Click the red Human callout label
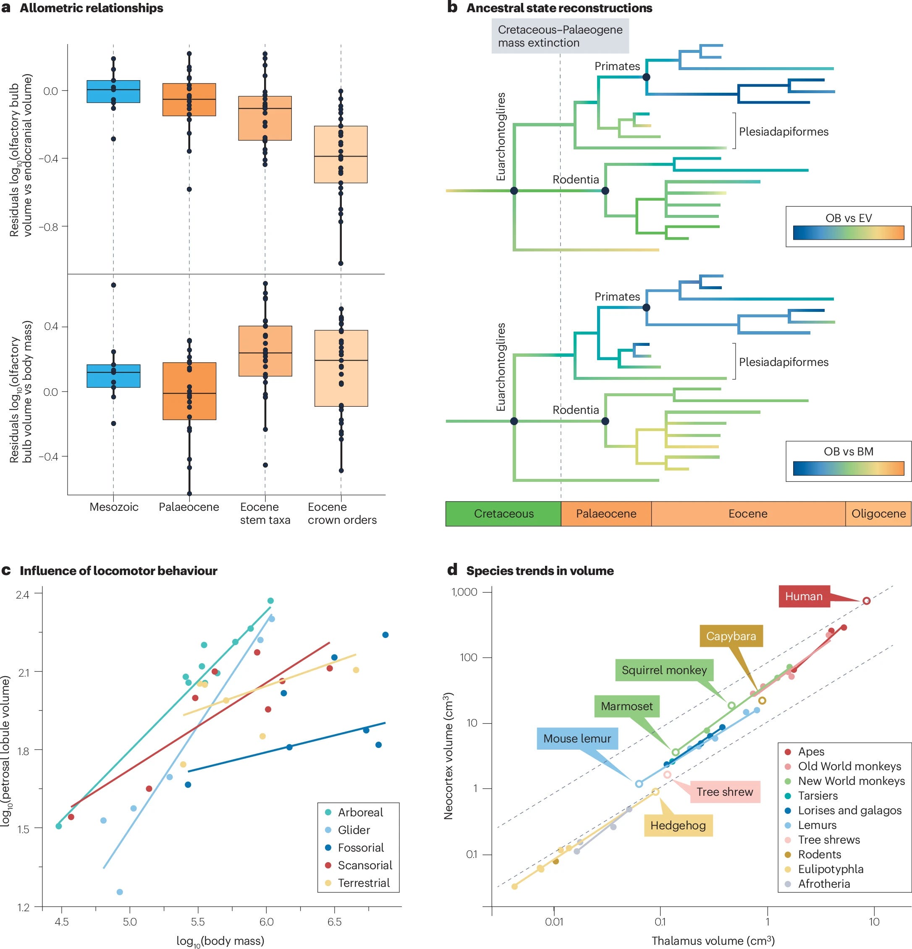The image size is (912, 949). coord(804,596)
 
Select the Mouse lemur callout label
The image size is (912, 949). coord(577,738)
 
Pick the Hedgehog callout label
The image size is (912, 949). coord(678,826)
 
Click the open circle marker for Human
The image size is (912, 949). coord(867,601)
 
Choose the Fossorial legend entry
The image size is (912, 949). coord(360,847)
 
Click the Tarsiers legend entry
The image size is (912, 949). coord(818,795)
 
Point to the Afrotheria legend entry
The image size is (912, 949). coord(824,884)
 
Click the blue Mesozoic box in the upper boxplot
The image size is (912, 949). coord(113,92)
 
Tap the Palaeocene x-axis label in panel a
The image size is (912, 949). coord(189,507)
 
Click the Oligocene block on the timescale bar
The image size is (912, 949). coord(878,514)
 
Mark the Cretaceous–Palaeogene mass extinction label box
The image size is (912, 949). coord(560,36)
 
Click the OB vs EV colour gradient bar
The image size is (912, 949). coord(848,233)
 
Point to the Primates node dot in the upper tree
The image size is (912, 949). coord(646,77)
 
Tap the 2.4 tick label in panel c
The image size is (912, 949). coord(22,594)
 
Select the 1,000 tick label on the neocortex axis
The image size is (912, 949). coord(464,592)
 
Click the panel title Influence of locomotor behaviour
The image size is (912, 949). coord(118,571)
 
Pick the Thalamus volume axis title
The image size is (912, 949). coord(713,941)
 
